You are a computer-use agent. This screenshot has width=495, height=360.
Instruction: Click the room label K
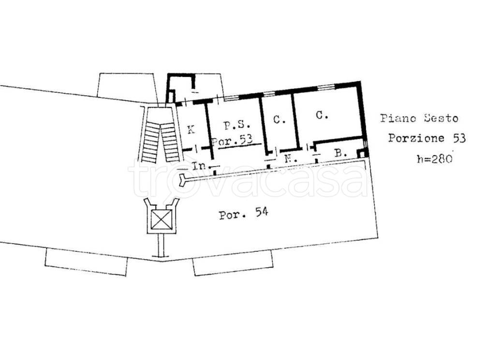(x=190, y=130)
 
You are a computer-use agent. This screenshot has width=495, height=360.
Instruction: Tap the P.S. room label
(x=237, y=125)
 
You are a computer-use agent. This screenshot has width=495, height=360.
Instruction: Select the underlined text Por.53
(x=233, y=141)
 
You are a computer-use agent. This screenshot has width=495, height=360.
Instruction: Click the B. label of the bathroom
(x=341, y=154)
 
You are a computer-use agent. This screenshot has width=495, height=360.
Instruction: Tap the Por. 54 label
(x=244, y=214)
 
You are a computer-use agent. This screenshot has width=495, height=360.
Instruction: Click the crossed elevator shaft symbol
(x=161, y=219)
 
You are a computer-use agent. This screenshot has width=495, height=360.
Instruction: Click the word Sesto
(x=441, y=118)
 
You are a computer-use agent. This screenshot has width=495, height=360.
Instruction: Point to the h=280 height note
(x=435, y=158)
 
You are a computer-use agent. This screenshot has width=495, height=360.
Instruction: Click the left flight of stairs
(x=150, y=143)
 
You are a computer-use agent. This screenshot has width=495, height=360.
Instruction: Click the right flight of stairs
(x=170, y=142)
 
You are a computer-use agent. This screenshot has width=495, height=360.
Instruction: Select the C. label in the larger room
(x=321, y=115)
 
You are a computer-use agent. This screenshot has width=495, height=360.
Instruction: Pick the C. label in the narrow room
(x=279, y=119)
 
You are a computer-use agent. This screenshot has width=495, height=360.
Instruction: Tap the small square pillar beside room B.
(x=362, y=153)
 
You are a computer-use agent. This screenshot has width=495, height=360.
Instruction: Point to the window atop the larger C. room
(x=326, y=87)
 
